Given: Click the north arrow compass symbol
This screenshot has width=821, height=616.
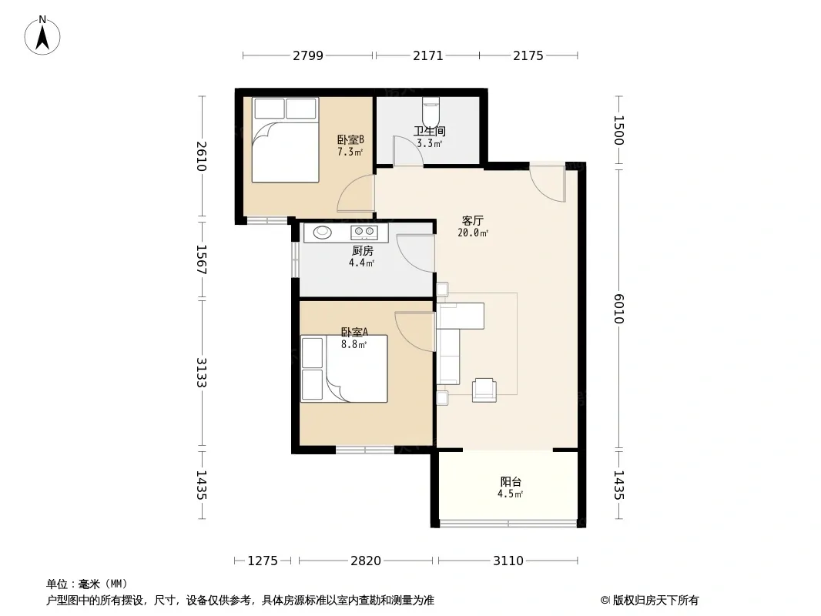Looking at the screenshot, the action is coord(42,35).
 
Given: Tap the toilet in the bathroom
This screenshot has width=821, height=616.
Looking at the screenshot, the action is coord(431,109).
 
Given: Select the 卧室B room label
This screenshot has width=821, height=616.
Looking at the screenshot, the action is coord(350,139).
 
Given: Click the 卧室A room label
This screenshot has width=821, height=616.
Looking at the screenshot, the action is coord(354,333).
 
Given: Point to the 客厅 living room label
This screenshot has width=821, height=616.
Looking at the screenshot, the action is coord(472,220).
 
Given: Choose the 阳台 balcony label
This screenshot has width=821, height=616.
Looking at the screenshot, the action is coord(511,481).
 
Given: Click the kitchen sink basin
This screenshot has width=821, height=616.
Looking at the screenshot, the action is coord(322,231).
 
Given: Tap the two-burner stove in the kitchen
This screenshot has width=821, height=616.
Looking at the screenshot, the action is coord(364,231).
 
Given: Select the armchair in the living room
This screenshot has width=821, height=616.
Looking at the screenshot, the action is coord(484,390).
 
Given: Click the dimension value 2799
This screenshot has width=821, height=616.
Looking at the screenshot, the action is coord(308,55).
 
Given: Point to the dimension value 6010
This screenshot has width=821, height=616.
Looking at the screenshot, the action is coord(619,309).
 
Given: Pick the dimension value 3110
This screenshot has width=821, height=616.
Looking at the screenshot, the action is coord(508,561).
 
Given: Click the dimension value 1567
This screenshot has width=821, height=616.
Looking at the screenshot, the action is coord(202,259).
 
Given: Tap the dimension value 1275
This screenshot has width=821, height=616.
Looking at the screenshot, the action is coord(263,561).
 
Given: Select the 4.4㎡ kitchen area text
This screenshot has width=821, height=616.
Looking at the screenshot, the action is coord(361,263).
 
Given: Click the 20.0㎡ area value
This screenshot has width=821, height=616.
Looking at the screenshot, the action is coord(473,233).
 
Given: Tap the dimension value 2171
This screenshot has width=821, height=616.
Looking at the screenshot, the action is coord(427,55).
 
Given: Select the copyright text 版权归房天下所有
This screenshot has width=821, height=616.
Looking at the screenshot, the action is coord(655,601).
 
